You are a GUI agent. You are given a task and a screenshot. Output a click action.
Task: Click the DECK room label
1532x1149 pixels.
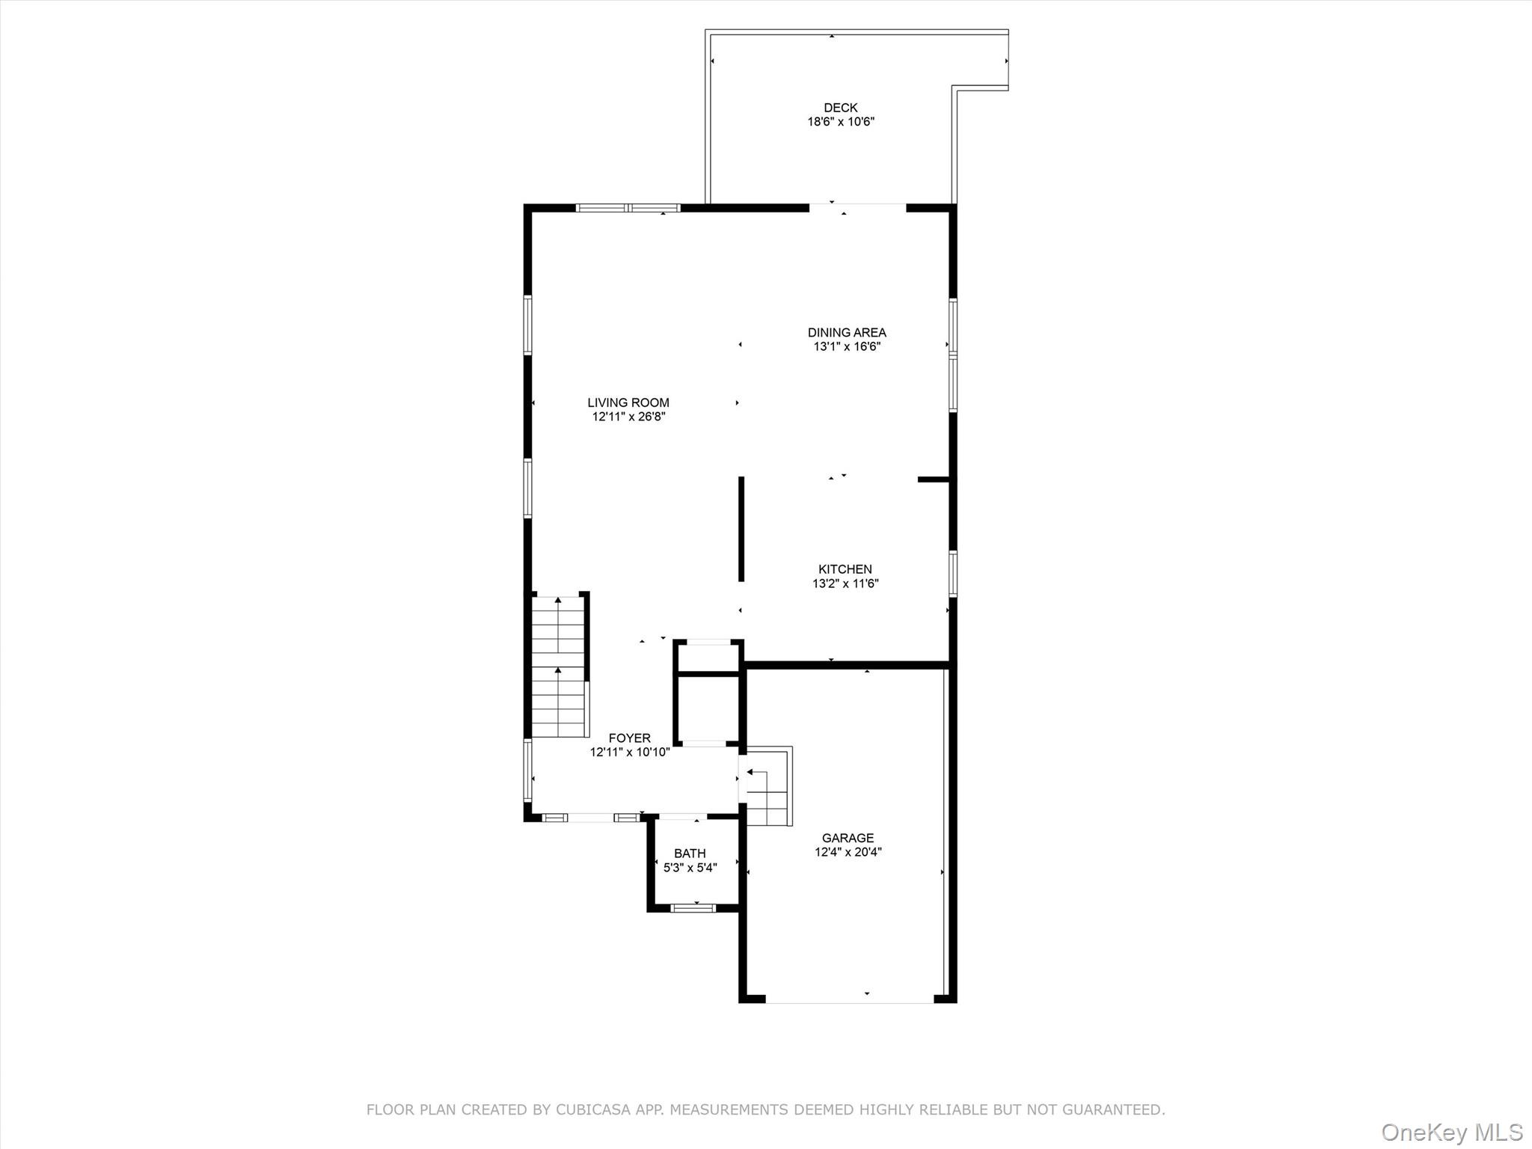pos(840,108)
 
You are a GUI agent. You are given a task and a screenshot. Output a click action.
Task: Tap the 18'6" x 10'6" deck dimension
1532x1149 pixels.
pos(840,122)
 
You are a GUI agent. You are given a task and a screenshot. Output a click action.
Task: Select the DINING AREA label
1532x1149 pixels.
pos(846,332)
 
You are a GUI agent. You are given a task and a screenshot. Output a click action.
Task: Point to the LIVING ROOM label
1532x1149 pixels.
pos(628,402)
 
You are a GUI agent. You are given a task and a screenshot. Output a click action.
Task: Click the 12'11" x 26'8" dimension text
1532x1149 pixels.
pos(628,417)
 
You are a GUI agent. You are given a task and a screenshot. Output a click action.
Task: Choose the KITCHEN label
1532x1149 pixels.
pos(845,569)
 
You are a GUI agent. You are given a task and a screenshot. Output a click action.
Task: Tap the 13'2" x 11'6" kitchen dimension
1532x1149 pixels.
pos(845,583)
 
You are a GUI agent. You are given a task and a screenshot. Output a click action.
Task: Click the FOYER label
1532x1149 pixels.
pos(629,738)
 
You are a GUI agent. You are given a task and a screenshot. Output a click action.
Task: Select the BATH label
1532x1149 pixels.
pos(689,854)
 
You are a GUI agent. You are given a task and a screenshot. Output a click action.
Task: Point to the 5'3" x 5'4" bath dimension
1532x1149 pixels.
pos(690,868)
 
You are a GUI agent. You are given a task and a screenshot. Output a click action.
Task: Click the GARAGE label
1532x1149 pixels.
pos(847,838)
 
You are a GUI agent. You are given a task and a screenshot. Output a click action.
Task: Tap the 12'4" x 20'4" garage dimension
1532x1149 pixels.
pos(848,852)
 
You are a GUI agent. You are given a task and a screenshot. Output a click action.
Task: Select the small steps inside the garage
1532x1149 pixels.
pos(767,797)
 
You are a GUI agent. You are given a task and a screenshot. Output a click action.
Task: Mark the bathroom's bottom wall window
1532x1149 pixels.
pos(693,908)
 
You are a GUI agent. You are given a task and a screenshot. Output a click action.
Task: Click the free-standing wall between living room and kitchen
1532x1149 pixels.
pos(741,529)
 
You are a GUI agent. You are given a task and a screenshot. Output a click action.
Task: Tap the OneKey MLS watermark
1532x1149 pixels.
pos(1451,1132)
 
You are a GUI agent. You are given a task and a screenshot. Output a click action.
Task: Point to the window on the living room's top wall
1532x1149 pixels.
pos(628,208)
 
